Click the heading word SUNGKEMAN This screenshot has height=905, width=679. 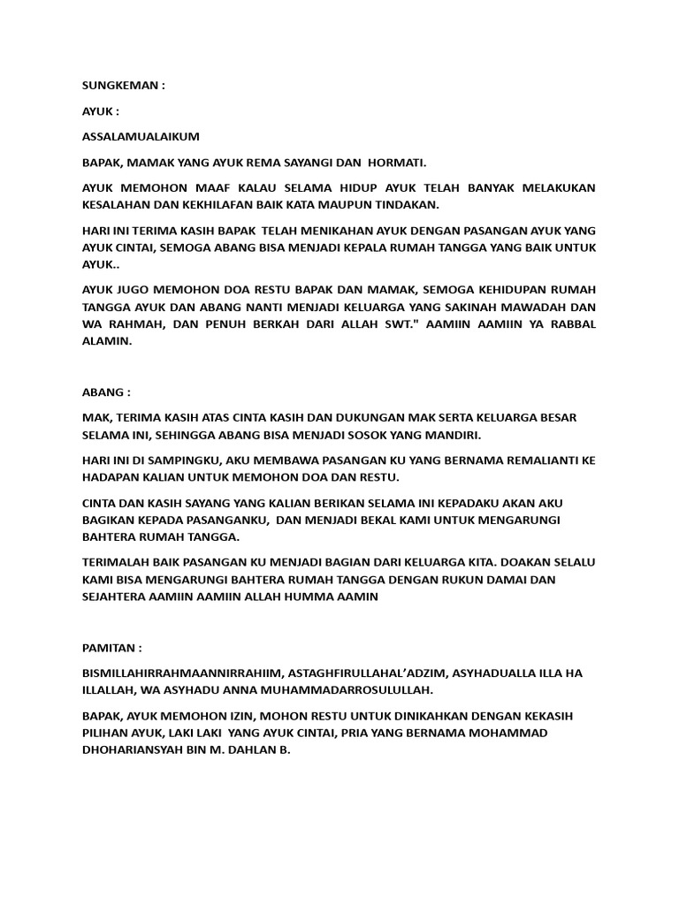point(118,86)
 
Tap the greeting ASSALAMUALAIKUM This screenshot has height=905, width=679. point(141,137)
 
